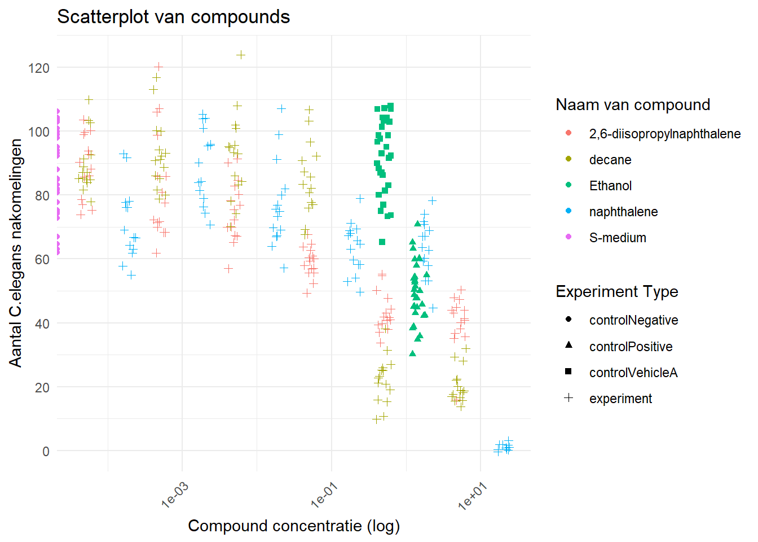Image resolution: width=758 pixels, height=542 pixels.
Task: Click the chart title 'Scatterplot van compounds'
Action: pos(173,17)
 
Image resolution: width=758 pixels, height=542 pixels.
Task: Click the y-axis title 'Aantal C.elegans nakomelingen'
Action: pos(16,253)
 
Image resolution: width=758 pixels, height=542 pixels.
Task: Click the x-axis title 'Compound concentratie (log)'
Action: pos(294,526)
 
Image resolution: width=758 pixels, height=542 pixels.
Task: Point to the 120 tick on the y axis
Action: pos(39,68)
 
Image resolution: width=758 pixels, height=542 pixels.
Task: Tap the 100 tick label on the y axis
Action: pos(39,132)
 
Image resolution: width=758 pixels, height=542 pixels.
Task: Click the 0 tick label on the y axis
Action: pos(46,452)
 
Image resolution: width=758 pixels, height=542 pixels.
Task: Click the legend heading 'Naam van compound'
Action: pos(633,104)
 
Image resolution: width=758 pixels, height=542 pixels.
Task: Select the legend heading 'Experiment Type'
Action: pos(616,291)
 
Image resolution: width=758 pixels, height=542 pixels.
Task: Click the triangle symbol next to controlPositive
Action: pos(568,345)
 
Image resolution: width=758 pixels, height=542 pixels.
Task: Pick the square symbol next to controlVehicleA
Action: pos(568,371)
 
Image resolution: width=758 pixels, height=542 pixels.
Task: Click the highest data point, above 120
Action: pos(241,55)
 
